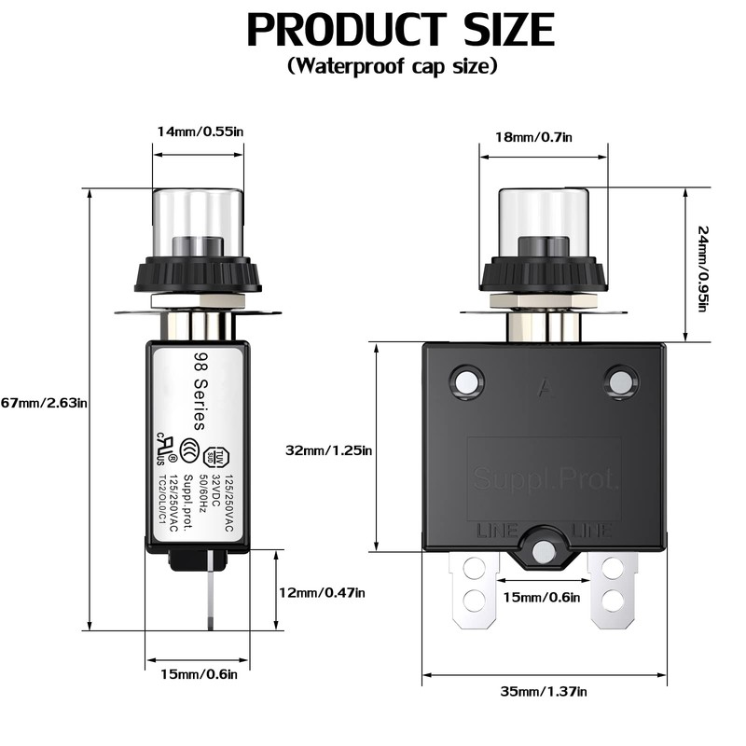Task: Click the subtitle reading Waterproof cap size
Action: coord(393,66)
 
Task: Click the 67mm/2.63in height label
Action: coord(44,402)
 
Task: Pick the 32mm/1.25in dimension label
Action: coord(329,450)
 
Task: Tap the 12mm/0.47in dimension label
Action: coord(322,592)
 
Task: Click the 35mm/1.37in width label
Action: coord(543,691)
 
